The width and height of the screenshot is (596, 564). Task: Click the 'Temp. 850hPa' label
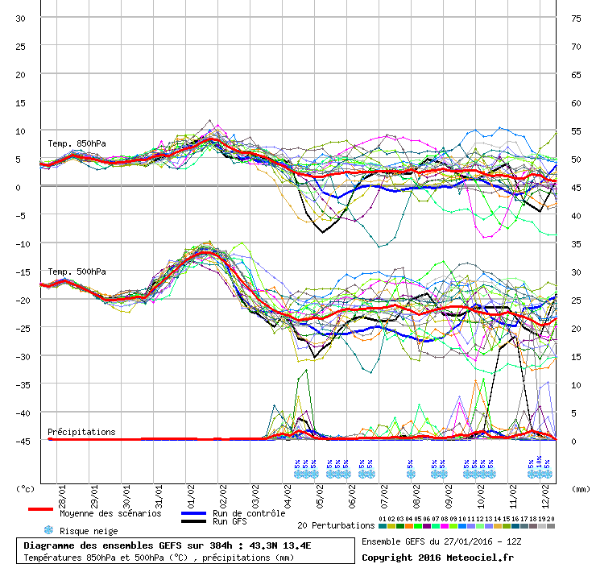coord(77,143)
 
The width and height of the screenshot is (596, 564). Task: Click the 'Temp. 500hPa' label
coord(77,272)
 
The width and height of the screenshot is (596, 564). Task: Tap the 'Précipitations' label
coord(81,432)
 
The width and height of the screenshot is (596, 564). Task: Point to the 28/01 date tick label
coord(62,492)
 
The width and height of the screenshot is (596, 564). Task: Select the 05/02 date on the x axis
coord(320,492)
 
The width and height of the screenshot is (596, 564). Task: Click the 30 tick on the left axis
coord(20,18)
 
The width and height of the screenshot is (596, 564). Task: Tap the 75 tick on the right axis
coord(576,18)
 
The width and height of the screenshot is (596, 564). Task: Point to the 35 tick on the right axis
coord(576,243)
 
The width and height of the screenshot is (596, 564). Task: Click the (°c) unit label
coord(26,488)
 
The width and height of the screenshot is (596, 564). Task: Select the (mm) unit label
coord(580,488)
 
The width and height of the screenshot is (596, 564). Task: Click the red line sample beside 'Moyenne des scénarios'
coord(40,509)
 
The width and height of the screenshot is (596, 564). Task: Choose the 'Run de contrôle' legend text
coord(249,513)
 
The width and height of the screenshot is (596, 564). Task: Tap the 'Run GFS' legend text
coord(230,522)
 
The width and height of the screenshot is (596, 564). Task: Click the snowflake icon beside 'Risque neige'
coord(48,530)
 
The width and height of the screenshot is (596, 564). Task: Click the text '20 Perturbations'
coord(336,525)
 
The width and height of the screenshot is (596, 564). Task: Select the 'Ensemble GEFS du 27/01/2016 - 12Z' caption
coord(441,541)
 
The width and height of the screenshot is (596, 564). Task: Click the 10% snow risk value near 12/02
coord(539,464)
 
